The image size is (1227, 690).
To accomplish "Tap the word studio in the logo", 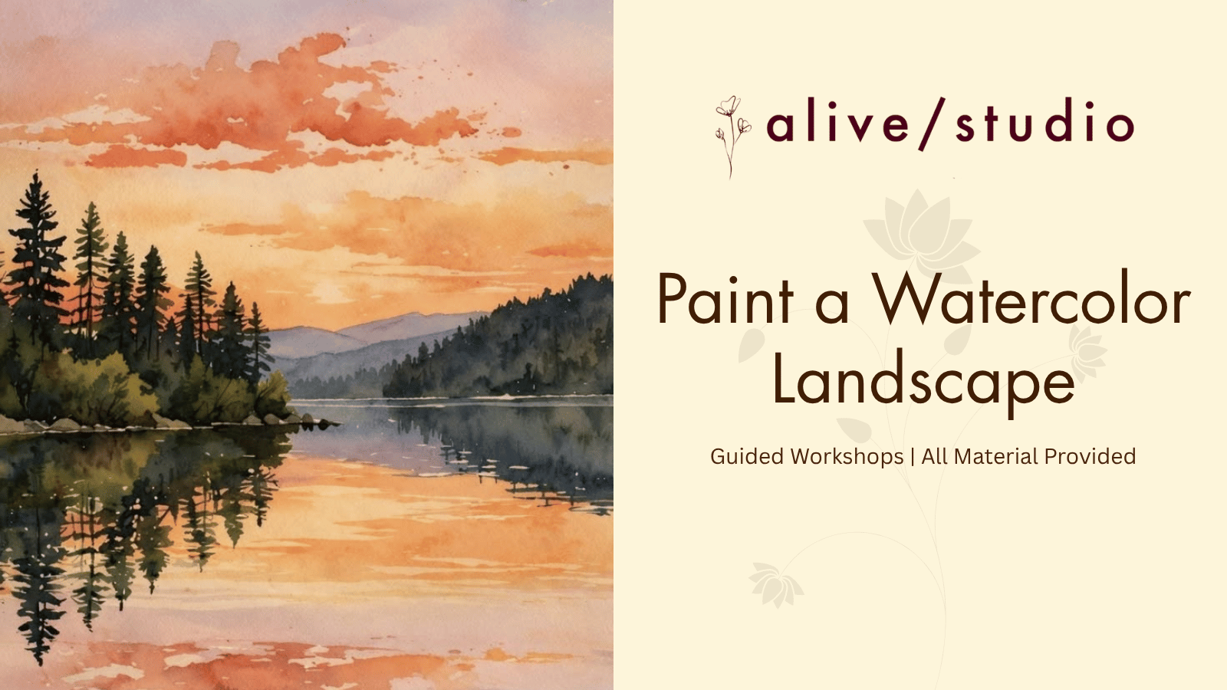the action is click(x=1044, y=120).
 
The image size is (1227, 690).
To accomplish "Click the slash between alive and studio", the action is click(x=932, y=123).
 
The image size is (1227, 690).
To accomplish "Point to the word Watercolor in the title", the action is click(x=1031, y=298).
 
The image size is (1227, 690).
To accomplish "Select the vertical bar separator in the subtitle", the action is click(x=913, y=456).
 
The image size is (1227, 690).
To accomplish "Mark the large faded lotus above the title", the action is click(x=922, y=237).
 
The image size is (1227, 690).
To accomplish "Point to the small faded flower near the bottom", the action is click(x=775, y=584).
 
